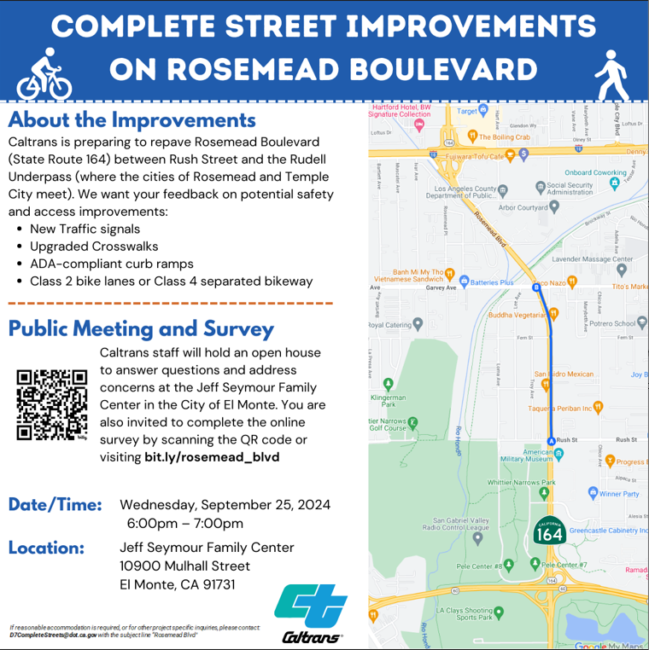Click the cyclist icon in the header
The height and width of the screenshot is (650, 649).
coord(44,75)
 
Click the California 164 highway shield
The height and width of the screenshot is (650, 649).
coord(547,532)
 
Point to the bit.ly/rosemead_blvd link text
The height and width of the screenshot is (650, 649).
coord(212,456)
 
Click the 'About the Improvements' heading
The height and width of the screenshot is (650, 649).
coord(132,119)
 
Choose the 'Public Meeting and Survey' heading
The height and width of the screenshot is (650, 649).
coord(141,328)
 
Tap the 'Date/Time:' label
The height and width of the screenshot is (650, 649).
coord(55,505)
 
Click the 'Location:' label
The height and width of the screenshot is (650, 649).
coord(46,548)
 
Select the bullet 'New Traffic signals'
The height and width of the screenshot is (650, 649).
coord(85,229)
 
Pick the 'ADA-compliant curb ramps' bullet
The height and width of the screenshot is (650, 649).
coord(112,264)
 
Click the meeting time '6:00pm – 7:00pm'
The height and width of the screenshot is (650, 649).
coord(184,523)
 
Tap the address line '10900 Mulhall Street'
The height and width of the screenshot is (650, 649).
coord(184,566)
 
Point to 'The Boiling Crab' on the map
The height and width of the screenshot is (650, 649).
coord(505,136)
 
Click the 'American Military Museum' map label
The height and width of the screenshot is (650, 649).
coord(527,455)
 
